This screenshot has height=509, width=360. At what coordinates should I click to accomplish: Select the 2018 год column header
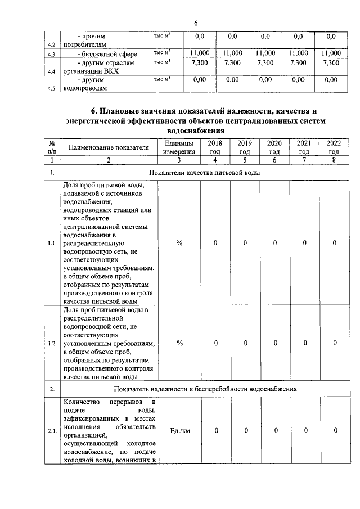(x=215, y=147)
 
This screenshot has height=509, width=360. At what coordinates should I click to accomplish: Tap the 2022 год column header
(x=334, y=147)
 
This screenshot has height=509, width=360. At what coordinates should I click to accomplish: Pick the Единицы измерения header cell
(x=179, y=147)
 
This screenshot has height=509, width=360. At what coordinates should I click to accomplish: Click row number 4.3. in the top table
(x=53, y=55)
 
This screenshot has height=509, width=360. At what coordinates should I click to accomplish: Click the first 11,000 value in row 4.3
(x=200, y=53)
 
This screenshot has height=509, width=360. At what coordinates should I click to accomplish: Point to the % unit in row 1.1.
(x=179, y=243)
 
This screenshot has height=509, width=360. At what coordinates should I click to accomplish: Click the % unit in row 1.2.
(x=179, y=343)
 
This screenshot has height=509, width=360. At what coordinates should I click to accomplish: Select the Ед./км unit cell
(x=179, y=431)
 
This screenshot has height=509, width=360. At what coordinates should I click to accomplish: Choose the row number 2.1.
(x=52, y=431)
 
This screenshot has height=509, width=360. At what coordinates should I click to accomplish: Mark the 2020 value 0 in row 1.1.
(x=275, y=243)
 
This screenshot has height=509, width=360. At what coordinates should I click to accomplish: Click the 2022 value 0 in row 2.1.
(x=334, y=431)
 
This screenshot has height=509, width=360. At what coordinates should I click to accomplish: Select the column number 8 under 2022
(x=334, y=160)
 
